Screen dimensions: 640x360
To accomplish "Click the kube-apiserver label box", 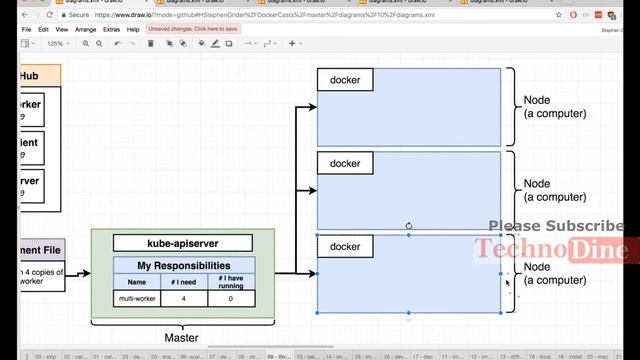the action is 182,243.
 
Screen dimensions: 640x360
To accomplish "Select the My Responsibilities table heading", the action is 184,266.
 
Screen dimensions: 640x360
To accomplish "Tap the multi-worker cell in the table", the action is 136,298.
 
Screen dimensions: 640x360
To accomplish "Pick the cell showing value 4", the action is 184,298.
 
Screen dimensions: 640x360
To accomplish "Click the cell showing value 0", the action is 231,298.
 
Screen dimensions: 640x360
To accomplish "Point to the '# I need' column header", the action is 184,282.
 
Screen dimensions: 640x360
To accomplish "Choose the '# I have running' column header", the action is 231,282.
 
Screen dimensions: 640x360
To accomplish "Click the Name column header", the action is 136,282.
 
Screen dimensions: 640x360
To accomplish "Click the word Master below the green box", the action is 181,338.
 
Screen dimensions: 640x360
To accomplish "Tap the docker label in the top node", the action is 345,80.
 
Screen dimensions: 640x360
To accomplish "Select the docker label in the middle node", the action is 345,163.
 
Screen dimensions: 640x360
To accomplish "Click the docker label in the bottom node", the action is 345,246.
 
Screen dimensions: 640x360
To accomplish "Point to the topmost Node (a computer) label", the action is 555,107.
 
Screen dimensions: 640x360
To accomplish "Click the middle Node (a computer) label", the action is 555,190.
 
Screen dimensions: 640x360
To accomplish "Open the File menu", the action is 27,29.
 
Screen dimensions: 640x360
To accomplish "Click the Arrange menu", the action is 86,29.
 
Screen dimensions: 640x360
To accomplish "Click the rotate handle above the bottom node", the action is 409,226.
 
